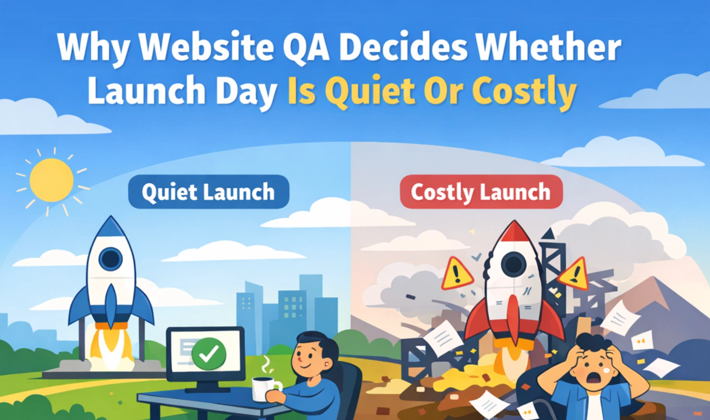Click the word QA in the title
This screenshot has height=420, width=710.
click(306, 47)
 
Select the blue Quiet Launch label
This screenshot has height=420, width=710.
click(209, 192)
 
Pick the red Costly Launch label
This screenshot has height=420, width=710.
click(481, 192)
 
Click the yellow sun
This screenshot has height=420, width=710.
click(51, 180)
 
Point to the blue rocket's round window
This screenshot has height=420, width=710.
click(110, 259)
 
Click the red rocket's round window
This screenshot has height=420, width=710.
click(514, 264)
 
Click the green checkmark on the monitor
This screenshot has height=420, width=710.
click(209, 353)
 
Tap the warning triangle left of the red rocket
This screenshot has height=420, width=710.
click(457, 274)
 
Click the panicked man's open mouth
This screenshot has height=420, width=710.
click(593, 377)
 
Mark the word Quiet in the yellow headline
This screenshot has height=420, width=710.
click(372, 91)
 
